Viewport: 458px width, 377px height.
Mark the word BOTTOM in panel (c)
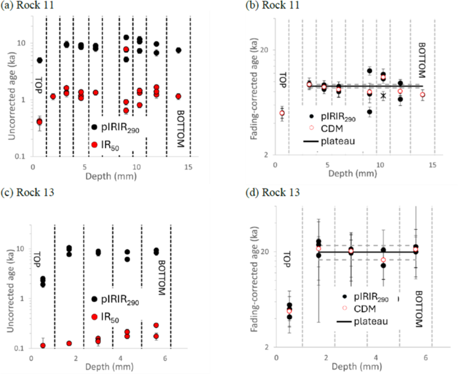point(161,278)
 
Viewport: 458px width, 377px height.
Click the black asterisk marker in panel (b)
point(383,96)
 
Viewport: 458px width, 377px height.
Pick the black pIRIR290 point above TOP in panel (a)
point(40,60)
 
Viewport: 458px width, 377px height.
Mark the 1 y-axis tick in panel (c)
point(25,298)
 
